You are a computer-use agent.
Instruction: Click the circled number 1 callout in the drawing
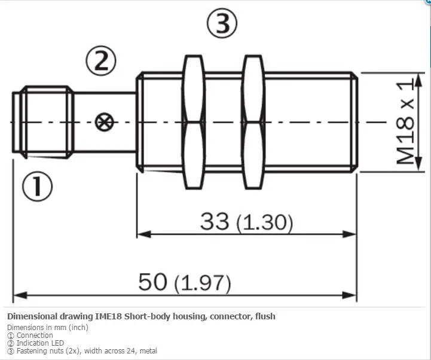(x=37, y=187)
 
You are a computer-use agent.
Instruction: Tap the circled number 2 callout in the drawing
(x=101, y=61)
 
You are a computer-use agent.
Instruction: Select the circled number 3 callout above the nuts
(x=222, y=23)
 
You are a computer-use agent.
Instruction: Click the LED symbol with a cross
(x=105, y=122)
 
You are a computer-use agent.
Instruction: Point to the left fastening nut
(x=194, y=122)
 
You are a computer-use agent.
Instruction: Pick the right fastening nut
(x=253, y=122)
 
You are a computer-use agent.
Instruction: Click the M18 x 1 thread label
(x=405, y=121)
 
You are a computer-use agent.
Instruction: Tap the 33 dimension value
(x=215, y=221)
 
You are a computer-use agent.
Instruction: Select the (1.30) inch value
(x=265, y=222)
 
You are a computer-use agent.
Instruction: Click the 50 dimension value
(x=152, y=282)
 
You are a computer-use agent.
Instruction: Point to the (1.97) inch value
(x=203, y=283)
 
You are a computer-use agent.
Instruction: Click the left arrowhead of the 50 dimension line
(x=20, y=295)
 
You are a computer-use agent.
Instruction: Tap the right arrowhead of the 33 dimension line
(x=349, y=234)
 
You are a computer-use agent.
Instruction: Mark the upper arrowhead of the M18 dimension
(x=418, y=80)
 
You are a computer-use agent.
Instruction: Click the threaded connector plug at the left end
(x=43, y=122)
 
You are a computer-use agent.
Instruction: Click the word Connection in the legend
(x=35, y=335)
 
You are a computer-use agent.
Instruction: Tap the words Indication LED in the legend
(x=40, y=343)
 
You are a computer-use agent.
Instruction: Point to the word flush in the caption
(x=265, y=316)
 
